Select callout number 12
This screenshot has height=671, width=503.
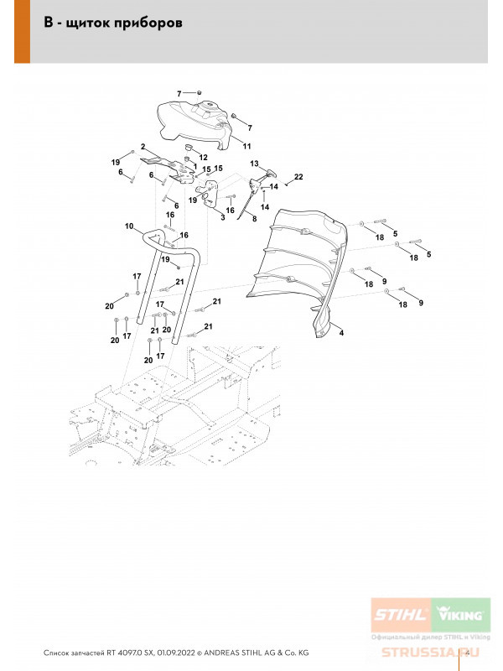pos(203,157)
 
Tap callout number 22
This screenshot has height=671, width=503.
pos(298,176)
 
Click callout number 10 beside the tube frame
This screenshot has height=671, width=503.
pos(129,226)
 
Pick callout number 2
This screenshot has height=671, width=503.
pos(143,147)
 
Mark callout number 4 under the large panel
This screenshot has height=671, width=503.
pos(342,333)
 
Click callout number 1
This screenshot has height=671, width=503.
pos(195,166)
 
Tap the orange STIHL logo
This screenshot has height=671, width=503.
pos(400,616)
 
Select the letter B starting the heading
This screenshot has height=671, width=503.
pos(48,23)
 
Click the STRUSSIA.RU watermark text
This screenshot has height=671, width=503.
pos(427,653)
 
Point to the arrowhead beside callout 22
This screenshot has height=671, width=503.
pos(287,179)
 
